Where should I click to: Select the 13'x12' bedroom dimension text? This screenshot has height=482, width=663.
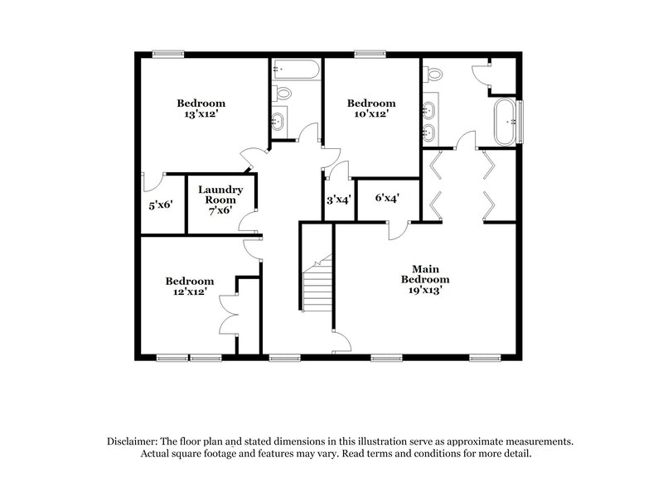pos(201,115)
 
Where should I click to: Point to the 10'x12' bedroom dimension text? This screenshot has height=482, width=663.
pos(370,115)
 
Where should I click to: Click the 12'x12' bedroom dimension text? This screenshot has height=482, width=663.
pos(189,292)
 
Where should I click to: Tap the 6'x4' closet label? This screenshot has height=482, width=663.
pos(387,199)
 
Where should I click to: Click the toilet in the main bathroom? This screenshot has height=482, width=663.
pos(431,74)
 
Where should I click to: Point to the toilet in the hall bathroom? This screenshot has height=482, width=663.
pos(281,91)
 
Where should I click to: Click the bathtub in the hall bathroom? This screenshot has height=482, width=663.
pos(297,69)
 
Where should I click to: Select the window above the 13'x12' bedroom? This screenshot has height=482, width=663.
pos(167,54)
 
